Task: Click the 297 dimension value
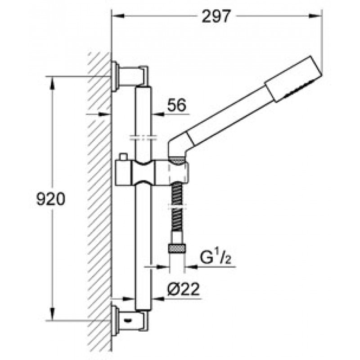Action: [x=216, y=17]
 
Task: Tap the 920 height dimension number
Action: [x=51, y=199]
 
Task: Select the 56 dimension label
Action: [x=176, y=105]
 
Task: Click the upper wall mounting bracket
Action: [x=130, y=76]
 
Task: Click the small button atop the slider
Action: [x=123, y=157]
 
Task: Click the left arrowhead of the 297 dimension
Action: [x=118, y=16]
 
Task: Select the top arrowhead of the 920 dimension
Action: [x=53, y=83]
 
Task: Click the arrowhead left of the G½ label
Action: [x=191, y=267]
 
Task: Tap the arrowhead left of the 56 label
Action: [x=158, y=114]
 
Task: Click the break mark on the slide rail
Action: [x=143, y=138]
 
